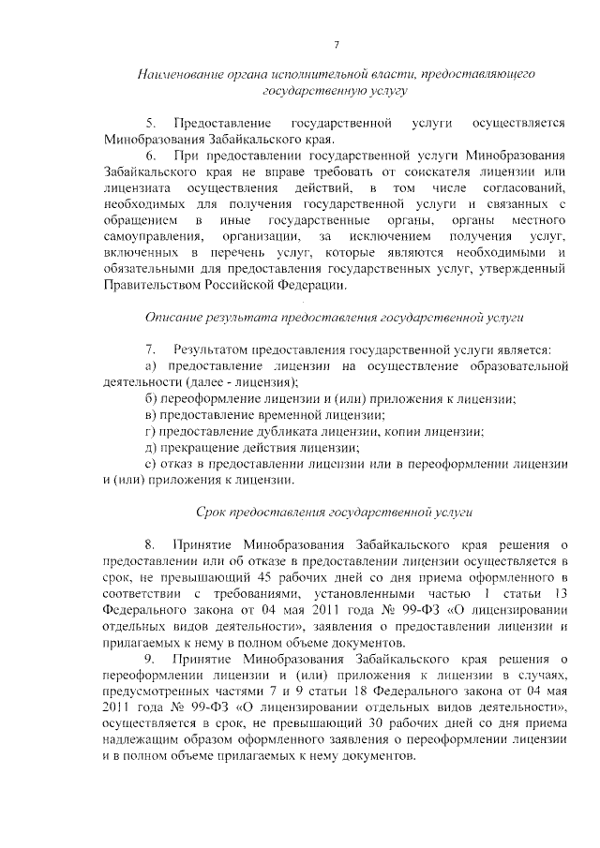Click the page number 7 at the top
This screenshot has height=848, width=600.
coord(337,45)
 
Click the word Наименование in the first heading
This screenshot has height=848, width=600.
coord(175,73)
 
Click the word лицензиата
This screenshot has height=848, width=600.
coord(132,189)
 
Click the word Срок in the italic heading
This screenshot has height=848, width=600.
coord(213,513)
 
